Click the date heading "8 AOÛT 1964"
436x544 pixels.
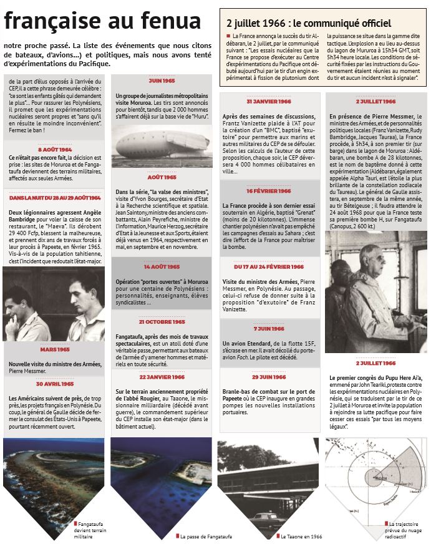point(55,150)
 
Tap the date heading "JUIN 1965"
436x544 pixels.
point(162,81)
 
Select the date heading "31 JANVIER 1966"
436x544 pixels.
point(269,101)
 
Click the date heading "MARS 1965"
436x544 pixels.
point(55,350)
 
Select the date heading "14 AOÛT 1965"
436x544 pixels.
point(162,266)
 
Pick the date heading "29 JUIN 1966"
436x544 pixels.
point(269,377)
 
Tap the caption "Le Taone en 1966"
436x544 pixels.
point(301,536)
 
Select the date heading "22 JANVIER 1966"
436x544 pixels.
point(162,377)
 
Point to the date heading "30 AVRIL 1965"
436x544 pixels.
point(55,384)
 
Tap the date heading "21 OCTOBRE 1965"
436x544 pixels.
point(162,322)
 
